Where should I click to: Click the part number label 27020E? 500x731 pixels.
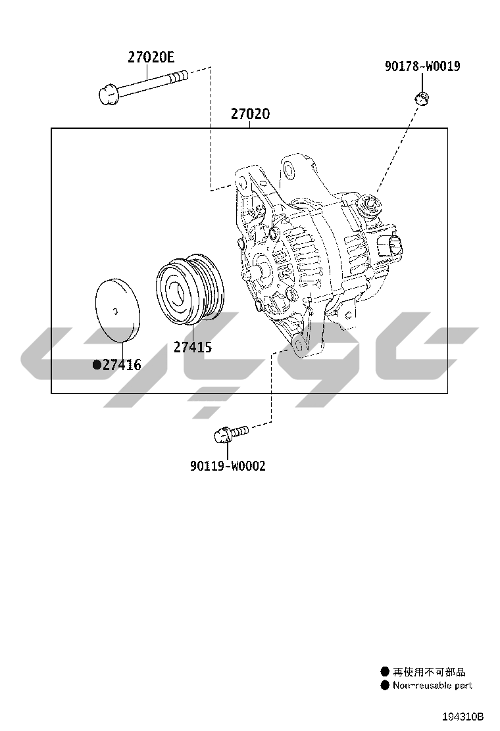coord(151,57)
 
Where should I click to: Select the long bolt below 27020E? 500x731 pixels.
coord(143,87)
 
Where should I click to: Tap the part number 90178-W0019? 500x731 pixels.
coord(422,66)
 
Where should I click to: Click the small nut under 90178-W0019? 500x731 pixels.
coord(422,99)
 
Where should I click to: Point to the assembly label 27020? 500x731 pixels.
coord(250,114)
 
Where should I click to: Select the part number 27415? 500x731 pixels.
coord(193,347)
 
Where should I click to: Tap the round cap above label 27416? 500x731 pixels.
coord(118,310)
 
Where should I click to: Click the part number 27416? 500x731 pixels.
coord(122,365)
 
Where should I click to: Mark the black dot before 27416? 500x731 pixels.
coord(97,365)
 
